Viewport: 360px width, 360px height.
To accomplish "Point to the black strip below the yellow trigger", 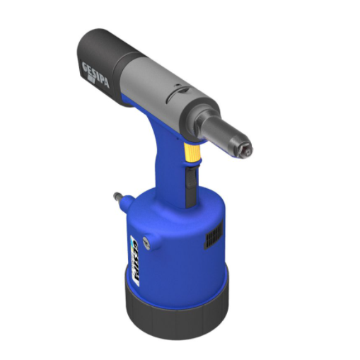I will pos(189,180).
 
